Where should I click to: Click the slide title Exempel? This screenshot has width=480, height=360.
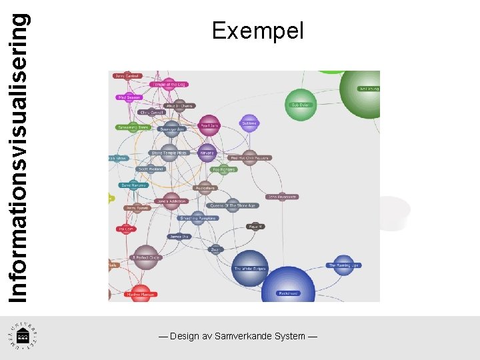[x=257, y=31]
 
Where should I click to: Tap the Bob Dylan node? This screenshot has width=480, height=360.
[x=301, y=105]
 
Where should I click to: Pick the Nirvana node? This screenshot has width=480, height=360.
[x=207, y=153]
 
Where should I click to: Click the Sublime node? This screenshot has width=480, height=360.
[x=249, y=123]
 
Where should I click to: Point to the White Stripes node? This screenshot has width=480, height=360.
[x=249, y=269]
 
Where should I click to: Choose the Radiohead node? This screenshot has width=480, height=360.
[x=288, y=293]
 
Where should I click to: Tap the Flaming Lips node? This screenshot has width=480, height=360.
[x=343, y=265]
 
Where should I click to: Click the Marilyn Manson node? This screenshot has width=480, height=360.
[x=141, y=294]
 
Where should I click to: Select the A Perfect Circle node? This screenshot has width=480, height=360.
[x=145, y=257]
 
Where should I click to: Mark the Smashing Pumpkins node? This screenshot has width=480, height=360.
[x=195, y=218]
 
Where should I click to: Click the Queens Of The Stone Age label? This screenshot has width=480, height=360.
[x=233, y=205]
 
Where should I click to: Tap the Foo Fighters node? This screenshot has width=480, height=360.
[x=224, y=169]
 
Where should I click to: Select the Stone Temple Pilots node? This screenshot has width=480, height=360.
[x=169, y=153]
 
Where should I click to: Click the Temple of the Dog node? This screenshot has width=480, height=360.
[x=169, y=85]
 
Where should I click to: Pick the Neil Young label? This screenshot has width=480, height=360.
[x=369, y=88]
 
